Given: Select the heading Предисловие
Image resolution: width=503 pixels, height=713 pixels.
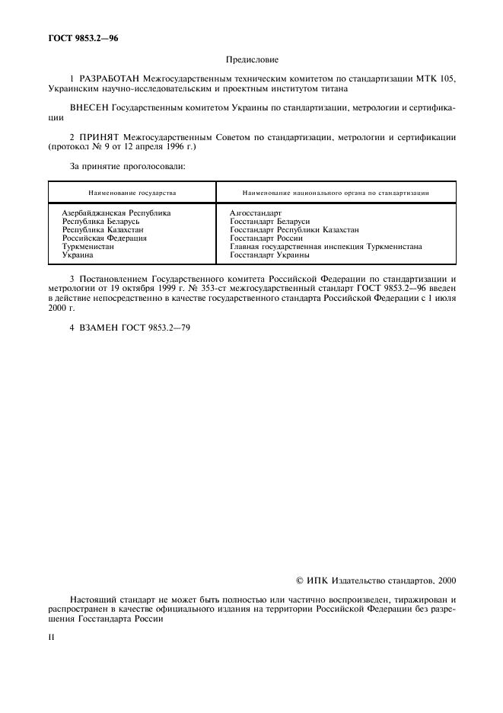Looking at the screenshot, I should coord(251,59).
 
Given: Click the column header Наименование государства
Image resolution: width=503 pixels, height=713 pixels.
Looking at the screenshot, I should coord(132,193).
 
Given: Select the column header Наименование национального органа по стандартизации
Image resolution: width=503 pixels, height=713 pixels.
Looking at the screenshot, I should coord(335,193).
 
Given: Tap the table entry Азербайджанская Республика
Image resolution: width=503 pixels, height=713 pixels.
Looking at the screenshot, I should coord(116,213).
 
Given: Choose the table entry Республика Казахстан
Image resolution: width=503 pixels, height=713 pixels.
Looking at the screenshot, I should coord(103,229).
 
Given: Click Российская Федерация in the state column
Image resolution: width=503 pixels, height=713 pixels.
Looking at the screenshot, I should coord(104,238).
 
